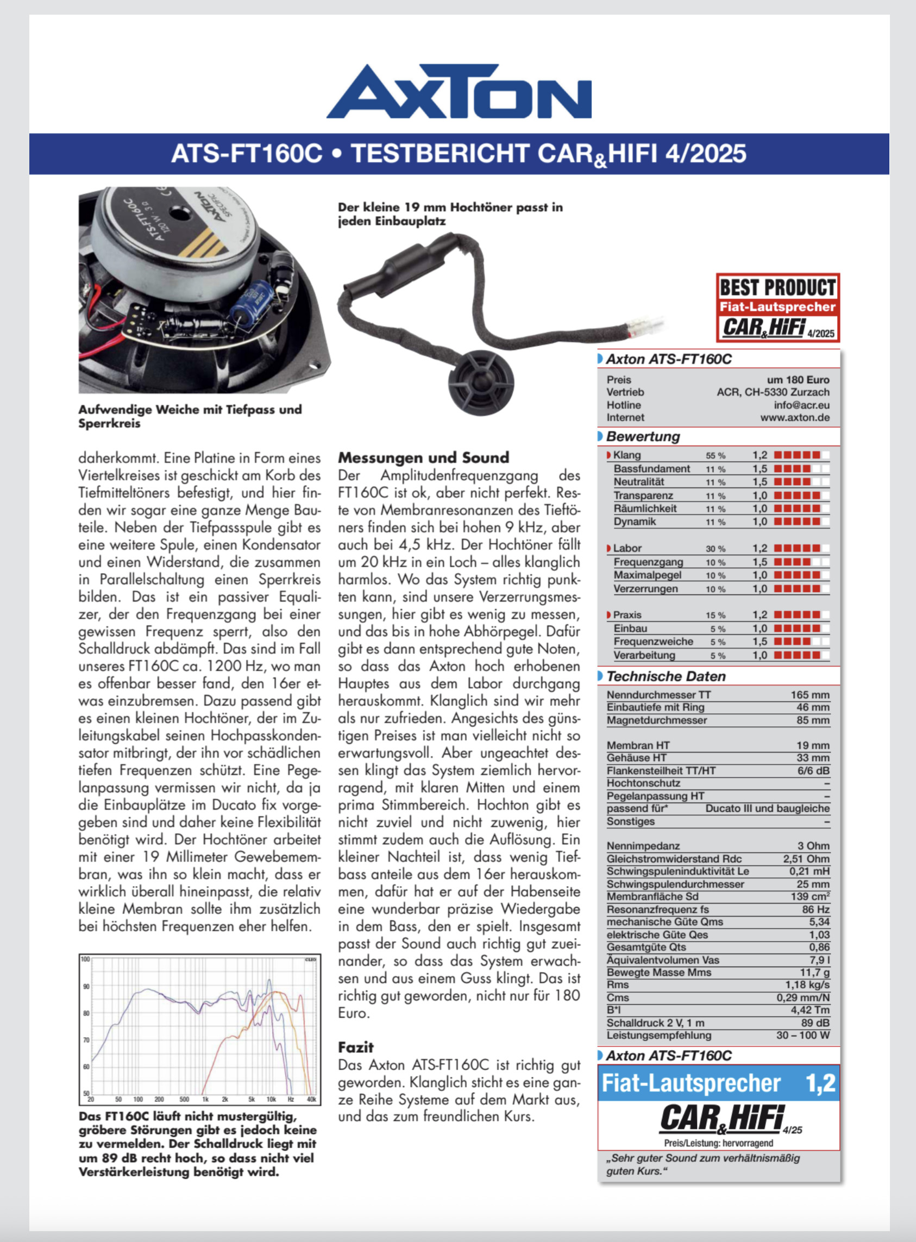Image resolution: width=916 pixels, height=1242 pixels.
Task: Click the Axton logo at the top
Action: tap(459, 91)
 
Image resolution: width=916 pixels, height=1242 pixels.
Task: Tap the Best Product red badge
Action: tap(777, 307)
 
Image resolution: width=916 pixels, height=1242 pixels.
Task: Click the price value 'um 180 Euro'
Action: tap(798, 380)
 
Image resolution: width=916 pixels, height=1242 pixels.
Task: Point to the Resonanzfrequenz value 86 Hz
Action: tap(815, 909)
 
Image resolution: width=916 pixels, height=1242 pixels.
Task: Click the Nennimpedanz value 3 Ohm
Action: tap(813, 846)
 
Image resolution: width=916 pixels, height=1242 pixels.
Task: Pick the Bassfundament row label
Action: tap(651, 468)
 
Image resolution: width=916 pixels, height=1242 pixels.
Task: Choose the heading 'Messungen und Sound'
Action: tap(424, 457)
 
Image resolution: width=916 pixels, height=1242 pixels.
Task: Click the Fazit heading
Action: tap(356, 1047)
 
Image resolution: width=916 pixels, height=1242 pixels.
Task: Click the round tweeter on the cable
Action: tap(481, 382)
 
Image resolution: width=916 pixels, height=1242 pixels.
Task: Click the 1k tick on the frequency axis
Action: tap(205, 1099)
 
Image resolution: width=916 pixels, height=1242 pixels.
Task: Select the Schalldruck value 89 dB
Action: tap(815, 1023)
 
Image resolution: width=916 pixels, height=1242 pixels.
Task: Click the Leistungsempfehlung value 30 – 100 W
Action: tap(803, 1035)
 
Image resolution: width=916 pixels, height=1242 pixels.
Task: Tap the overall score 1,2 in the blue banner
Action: tap(820, 1083)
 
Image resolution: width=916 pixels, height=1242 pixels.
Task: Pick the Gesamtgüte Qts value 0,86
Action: tap(819, 947)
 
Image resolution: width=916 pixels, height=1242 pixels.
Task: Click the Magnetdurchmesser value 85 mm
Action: tap(813, 720)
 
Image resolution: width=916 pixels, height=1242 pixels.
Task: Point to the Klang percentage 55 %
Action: tap(716, 456)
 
